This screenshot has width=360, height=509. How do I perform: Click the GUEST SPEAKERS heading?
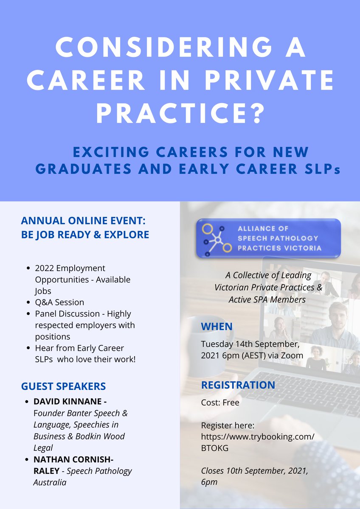point(63,386)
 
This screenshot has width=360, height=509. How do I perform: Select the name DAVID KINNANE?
point(69,401)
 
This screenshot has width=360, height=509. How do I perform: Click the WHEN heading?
point(217,327)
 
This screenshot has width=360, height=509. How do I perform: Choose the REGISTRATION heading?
point(238,385)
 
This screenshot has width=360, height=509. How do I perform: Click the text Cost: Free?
point(220,403)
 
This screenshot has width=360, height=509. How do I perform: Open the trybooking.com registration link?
point(258,436)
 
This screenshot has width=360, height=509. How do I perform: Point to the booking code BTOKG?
point(215,448)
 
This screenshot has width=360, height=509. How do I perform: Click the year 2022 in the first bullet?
point(45,268)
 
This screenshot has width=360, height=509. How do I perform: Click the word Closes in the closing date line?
point(214,471)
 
